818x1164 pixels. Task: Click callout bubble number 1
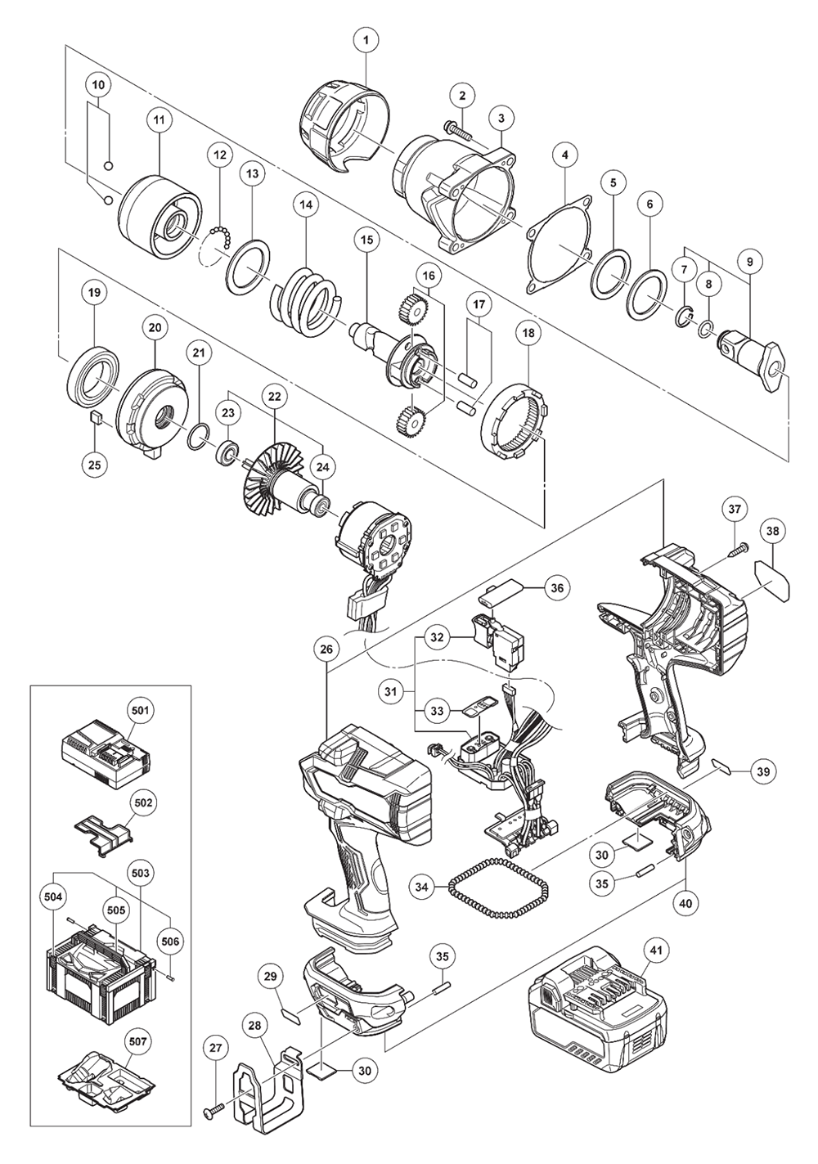[366, 38]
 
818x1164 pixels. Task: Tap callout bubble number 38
[773, 531]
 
